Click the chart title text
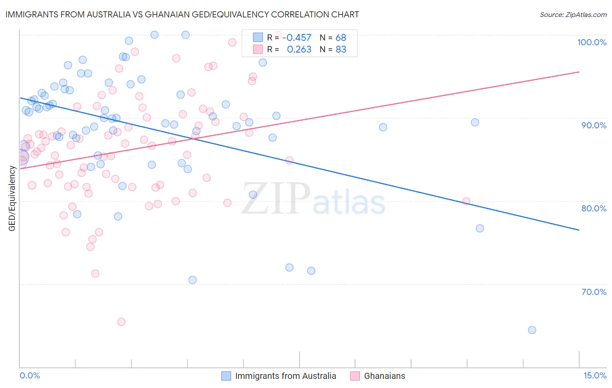[182, 14]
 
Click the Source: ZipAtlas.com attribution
[573, 15]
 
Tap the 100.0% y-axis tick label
[592, 42]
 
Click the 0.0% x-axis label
[30, 375]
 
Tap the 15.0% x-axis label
[595, 375]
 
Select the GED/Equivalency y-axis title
[12, 198]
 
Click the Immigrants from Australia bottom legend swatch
[226, 376]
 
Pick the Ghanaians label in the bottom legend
[384, 376]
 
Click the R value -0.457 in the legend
[297, 38]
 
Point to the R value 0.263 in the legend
[299, 50]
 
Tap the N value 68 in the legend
[341, 38]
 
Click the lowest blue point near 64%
[532, 330]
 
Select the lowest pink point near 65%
[121, 322]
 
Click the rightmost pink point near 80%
[466, 201]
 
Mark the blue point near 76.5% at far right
[480, 228]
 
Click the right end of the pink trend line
[579, 72]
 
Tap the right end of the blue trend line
[579, 230]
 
